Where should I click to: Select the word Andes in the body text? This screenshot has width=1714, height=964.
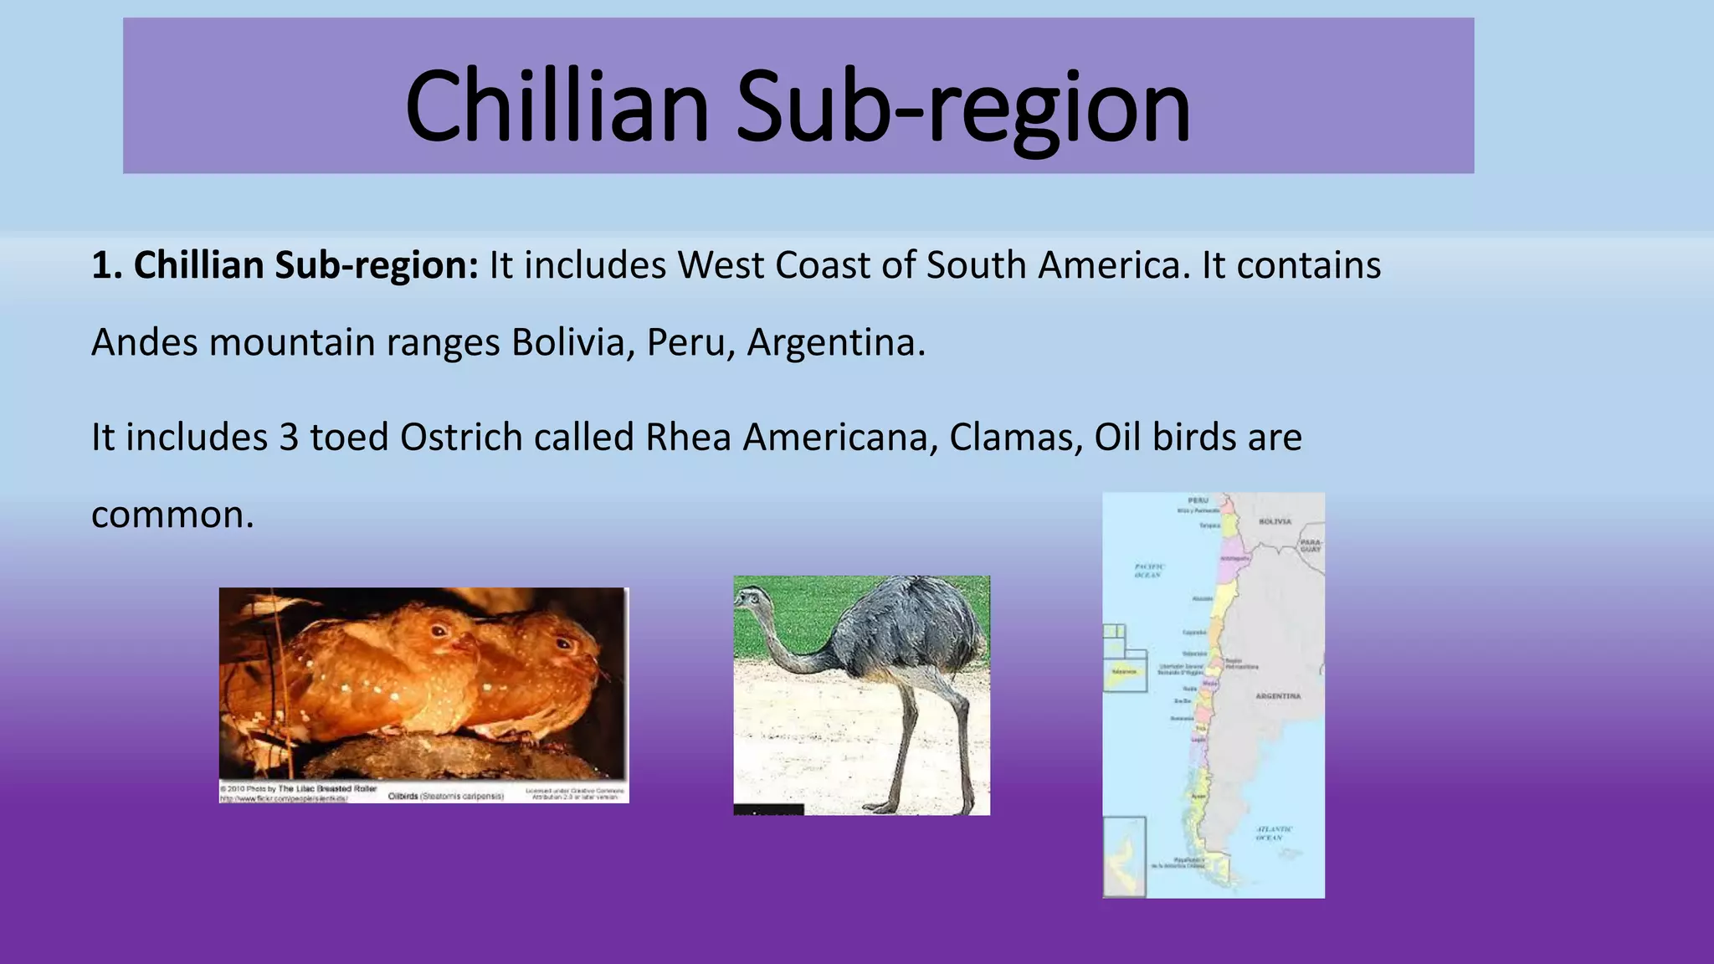(144, 342)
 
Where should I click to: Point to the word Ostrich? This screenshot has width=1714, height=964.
(461, 438)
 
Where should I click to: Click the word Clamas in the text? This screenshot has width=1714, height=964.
(1009, 438)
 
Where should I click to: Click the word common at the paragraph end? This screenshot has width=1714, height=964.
(172, 515)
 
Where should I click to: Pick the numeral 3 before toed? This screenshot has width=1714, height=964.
(289, 438)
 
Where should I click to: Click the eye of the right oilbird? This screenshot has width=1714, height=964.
(562, 645)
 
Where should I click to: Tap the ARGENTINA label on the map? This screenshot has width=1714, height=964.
(1278, 696)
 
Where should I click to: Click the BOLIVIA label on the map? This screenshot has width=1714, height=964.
(1275, 521)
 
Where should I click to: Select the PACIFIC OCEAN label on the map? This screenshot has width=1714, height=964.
(1148, 571)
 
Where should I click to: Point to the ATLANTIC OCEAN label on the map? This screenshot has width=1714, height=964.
(1273, 833)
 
